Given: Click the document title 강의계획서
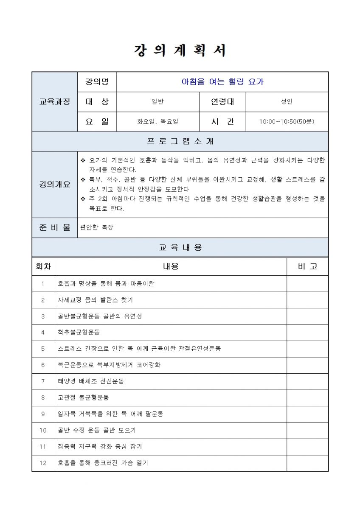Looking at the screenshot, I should click(180, 50).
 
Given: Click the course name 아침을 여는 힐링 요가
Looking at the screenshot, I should click(222, 82).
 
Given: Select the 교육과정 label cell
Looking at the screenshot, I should click(54, 102).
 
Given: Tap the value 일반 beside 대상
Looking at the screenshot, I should click(157, 102).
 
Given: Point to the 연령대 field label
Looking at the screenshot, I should click(222, 102).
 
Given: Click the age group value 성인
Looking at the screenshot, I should click(287, 102).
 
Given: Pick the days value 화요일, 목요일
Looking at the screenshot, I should click(157, 122).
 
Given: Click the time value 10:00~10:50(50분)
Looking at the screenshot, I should click(287, 122).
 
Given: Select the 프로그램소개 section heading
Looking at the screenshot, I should click(180, 141).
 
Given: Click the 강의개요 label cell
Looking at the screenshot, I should click(54, 185).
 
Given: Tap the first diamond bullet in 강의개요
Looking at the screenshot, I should click(83, 160).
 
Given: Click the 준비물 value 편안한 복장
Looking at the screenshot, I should click(97, 227).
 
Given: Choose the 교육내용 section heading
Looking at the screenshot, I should click(180, 247).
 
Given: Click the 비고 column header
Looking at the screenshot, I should click(307, 266).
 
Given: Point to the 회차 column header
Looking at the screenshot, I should click(43, 266).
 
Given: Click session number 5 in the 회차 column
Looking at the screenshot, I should click(43, 349).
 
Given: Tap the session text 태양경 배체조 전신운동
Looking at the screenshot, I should click(91, 381).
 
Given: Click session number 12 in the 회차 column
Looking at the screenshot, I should click(43, 463).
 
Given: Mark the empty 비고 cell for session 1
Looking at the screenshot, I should click(307, 283).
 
